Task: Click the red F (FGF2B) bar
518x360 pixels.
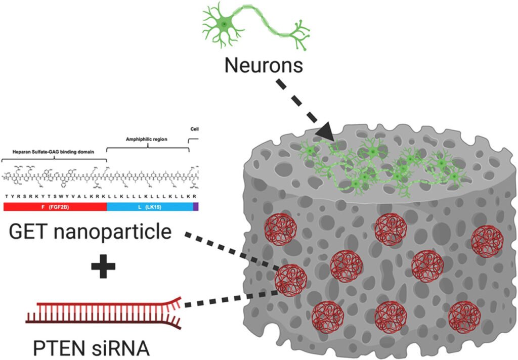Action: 55,206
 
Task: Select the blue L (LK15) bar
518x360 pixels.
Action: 149,206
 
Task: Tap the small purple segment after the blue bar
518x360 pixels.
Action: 196,206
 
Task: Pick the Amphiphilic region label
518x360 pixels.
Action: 146,138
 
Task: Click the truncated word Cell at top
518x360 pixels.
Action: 194,129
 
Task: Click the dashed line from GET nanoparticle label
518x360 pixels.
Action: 230,251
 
